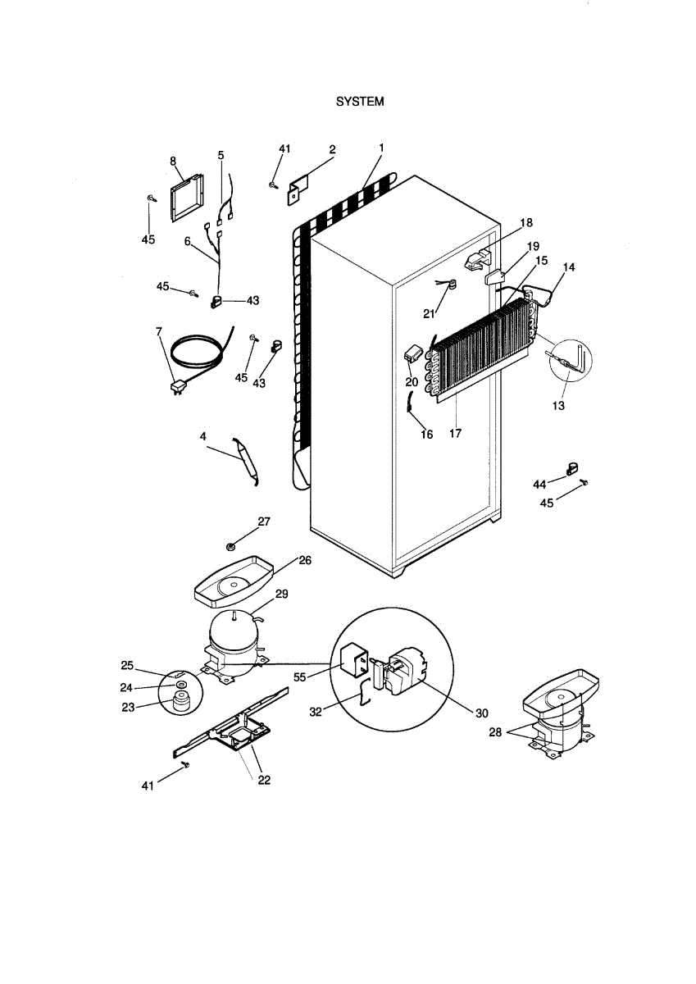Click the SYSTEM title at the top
360,102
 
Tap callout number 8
174,162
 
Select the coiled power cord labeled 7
197,353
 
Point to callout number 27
264,522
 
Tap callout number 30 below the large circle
481,713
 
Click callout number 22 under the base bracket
264,780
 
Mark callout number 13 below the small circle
559,405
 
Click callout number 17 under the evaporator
456,433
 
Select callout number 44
539,485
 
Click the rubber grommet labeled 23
180,702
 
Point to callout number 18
525,223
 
